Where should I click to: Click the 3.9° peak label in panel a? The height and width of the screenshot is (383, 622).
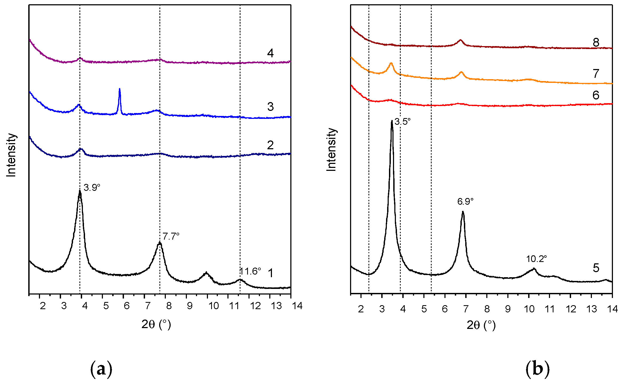point(92,188)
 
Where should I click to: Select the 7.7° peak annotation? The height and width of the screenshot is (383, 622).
point(171,236)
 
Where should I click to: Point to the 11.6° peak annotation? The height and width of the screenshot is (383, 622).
point(250,272)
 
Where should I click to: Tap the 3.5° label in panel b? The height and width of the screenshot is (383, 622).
point(403,122)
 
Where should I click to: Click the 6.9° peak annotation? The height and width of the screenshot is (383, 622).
point(466,201)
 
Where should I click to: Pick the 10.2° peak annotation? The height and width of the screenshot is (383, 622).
point(536,259)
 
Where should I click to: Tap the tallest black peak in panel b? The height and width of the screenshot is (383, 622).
point(392,122)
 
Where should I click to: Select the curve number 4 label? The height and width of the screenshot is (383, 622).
point(270,53)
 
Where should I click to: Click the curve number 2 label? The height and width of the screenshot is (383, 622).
point(270,145)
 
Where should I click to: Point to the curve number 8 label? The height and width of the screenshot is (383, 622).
point(596,42)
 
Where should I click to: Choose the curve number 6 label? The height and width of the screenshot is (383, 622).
point(596,95)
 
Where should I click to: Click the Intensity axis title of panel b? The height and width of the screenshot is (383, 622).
point(331,150)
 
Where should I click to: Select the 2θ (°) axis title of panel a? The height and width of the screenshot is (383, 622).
point(156,324)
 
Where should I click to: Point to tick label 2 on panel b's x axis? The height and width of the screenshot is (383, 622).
point(361,309)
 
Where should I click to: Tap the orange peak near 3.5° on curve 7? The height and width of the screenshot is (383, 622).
point(391,63)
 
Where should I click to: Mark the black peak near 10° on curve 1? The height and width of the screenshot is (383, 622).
point(206,273)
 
